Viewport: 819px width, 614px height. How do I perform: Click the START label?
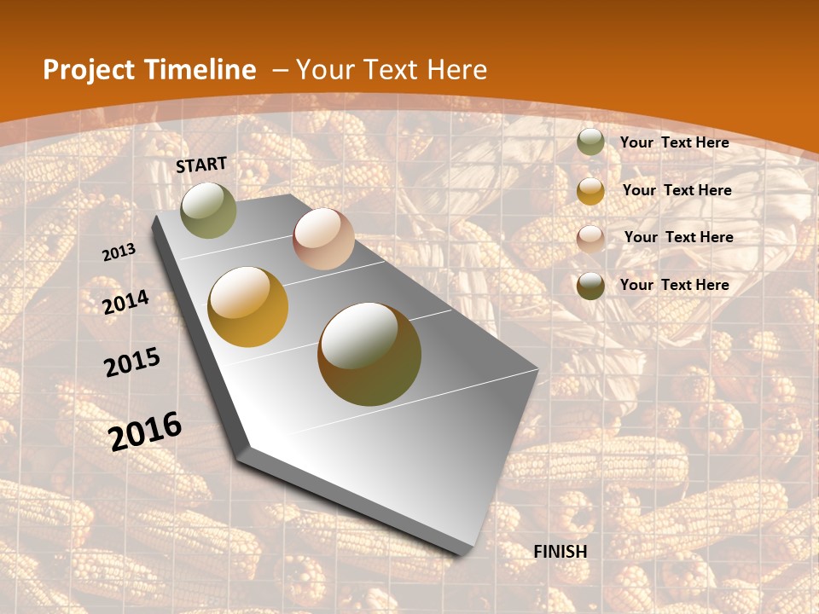point(201,165)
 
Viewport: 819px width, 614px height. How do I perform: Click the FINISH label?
point(561,552)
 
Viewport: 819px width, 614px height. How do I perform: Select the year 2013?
point(119,252)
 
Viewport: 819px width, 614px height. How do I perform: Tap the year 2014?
point(125,302)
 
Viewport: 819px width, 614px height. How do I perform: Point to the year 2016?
point(145,431)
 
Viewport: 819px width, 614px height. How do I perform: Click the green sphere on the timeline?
point(208,210)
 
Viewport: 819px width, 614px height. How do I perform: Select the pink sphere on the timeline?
point(323,239)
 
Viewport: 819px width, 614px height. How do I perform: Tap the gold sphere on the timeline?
point(248,307)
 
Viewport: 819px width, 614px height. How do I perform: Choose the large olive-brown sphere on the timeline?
point(369,354)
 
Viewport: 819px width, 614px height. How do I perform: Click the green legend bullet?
point(590,142)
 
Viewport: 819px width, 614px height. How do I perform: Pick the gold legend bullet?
point(590,190)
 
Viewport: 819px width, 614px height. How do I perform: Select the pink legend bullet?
point(590,238)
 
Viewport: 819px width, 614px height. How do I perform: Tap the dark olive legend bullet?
point(590,286)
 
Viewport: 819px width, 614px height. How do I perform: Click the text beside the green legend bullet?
point(674,142)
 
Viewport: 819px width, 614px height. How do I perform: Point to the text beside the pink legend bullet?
point(678,237)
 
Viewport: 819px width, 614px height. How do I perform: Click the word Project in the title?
point(88,70)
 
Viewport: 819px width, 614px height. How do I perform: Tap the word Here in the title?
point(456,70)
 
